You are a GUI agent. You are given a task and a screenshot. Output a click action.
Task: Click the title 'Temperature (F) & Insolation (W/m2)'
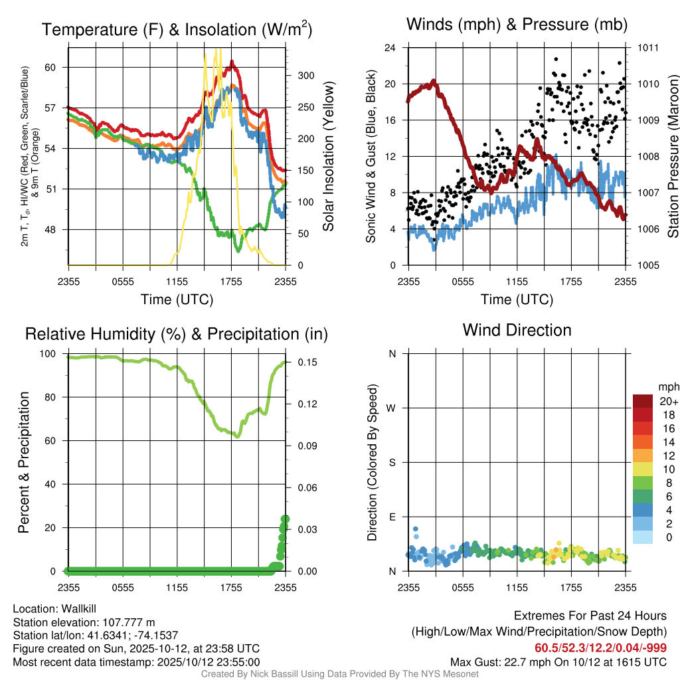tap(177, 29)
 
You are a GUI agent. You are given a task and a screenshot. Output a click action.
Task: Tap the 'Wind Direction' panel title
tap(517, 330)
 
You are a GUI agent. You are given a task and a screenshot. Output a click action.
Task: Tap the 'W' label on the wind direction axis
tap(392, 408)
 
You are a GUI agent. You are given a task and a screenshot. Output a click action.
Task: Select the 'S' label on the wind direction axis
tap(392, 463)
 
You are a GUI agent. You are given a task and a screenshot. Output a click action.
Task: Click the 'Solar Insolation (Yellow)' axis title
tap(328, 156)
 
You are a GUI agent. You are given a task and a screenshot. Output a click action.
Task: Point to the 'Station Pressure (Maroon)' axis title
tap(672, 156)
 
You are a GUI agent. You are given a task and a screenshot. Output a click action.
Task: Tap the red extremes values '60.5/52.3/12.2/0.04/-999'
tap(600, 648)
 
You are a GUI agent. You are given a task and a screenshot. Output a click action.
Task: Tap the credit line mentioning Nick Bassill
tap(339, 674)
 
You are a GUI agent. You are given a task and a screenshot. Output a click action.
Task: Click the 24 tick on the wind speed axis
tap(391, 48)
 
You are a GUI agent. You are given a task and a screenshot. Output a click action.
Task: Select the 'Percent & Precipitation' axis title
tap(24, 462)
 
